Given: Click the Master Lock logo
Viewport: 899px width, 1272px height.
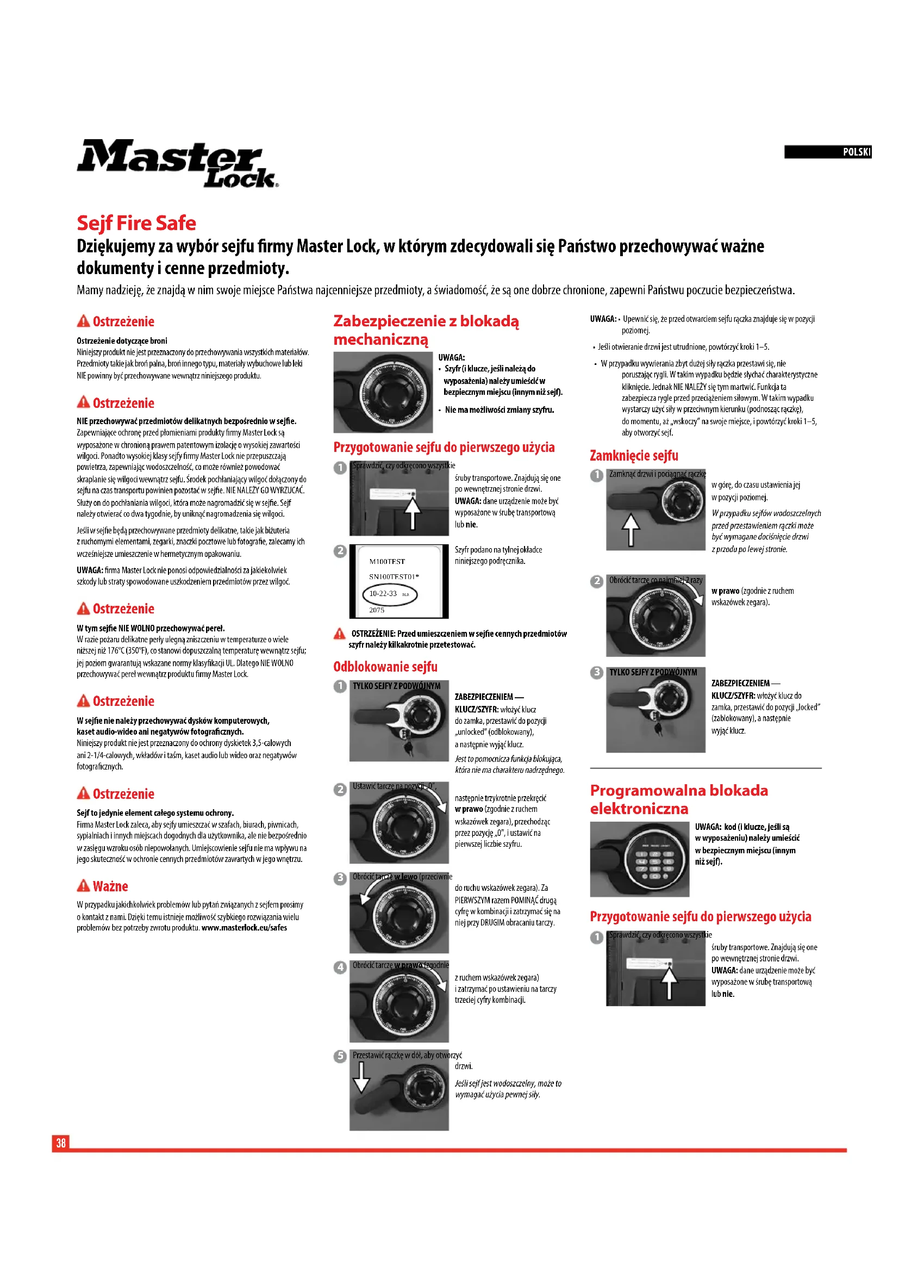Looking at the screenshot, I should [x=177, y=164].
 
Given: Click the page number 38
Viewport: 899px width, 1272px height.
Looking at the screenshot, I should [x=61, y=1143].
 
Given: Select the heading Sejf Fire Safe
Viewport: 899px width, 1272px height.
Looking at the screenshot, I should [x=136, y=224].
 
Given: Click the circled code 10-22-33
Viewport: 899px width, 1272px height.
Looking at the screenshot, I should [x=389, y=594].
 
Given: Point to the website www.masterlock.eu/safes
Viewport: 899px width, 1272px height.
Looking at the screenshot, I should [x=244, y=928].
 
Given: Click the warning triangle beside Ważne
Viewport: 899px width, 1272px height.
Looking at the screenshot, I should [x=83, y=886].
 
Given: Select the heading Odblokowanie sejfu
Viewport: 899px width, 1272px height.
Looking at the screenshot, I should [x=385, y=667].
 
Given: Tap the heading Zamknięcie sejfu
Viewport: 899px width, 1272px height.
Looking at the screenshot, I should [x=634, y=456].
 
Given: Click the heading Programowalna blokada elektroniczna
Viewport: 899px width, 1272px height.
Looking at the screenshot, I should [x=679, y=799].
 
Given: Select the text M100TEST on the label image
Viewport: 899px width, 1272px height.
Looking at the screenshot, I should [x=387, y=562].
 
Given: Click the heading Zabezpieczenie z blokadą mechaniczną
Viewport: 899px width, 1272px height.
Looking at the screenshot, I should [x=426, y=330].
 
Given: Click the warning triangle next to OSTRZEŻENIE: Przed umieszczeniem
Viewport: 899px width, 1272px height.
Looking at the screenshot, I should [x=340, y=634].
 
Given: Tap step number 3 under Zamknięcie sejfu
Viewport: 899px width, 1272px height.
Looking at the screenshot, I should [x=597, y=673].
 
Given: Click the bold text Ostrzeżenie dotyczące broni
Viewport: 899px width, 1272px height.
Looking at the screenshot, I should [x=122, y=342].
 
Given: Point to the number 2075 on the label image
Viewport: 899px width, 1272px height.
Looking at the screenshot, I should [x=377, y=610].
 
